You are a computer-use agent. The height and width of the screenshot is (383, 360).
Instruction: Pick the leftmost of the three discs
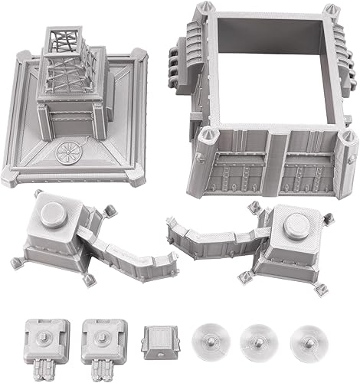click(208, 335)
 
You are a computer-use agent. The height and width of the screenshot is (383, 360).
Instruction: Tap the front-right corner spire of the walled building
click(349, 142)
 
